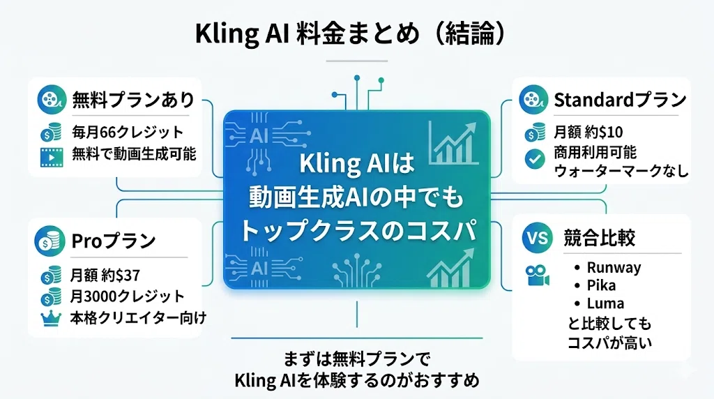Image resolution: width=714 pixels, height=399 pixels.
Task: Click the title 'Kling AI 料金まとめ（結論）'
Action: coord(350,33)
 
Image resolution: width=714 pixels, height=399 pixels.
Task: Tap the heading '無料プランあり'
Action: coord(133,100)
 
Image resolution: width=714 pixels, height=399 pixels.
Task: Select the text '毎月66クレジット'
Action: coord(128,132)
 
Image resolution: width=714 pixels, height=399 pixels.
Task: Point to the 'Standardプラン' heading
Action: coord(620,100)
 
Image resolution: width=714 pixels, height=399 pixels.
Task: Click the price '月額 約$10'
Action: coord(588,132)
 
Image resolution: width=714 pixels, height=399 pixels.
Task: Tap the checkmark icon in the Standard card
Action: coord(535,159)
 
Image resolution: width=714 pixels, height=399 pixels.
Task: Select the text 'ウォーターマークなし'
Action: coord(621,171)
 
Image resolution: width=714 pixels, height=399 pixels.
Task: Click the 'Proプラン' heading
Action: coord(114,241)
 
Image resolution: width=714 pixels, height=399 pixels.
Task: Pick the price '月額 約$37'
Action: coord(105,275)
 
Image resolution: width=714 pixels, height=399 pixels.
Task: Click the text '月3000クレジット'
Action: coord(127,296)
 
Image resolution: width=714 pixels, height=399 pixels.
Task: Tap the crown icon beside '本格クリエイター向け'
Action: coord(51,318)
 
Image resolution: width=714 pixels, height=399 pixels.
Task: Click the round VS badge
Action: coord(538,238)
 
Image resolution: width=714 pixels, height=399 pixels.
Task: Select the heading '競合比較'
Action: coord(599,238)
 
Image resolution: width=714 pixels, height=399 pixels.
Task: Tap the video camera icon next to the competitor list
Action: coord(538,275)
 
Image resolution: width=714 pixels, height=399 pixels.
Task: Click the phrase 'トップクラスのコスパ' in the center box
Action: coord(358,230)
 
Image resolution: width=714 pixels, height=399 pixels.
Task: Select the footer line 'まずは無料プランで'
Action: coord(356,359)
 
